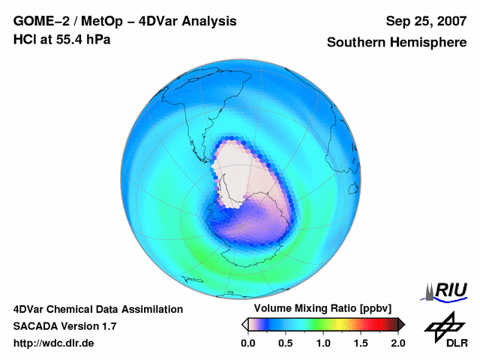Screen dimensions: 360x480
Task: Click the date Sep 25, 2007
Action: coord(424,21)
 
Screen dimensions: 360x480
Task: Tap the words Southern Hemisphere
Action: coord(396,43)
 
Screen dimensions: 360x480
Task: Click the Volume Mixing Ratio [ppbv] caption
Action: coord(319,308)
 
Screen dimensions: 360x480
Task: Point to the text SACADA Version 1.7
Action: coord(64,326)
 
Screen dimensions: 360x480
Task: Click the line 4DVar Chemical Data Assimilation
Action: coord(97,309)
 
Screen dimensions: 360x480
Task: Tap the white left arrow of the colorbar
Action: coord(245,324)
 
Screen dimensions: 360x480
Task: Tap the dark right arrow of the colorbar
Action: coord(401,324)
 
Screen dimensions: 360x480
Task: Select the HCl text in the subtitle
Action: coord(23,39)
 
